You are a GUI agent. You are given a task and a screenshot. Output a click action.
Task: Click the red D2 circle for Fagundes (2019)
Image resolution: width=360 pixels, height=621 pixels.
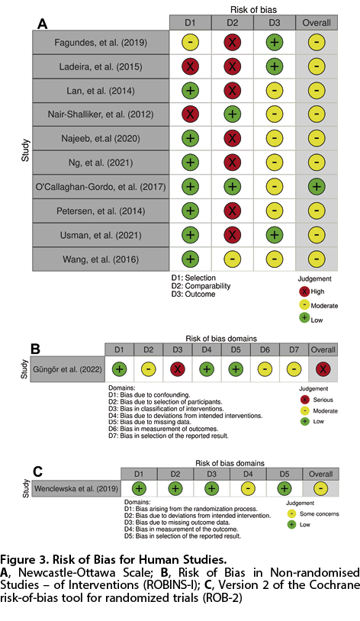click(232, 43)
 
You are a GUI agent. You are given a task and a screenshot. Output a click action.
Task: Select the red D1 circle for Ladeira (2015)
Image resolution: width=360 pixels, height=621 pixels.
click(190, 66)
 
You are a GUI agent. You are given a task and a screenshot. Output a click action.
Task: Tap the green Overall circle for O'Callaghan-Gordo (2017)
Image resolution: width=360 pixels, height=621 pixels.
click(317, 187)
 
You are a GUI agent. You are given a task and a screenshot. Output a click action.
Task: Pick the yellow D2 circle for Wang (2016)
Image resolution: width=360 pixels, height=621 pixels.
click(232, 259)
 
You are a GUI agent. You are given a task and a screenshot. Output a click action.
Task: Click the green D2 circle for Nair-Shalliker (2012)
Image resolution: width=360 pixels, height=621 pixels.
click(232, 114)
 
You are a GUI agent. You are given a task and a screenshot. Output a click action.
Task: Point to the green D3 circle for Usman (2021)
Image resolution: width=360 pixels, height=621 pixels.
click(274, 235)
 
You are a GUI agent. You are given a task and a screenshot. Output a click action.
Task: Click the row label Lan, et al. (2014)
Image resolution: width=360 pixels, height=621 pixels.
click(101, 91)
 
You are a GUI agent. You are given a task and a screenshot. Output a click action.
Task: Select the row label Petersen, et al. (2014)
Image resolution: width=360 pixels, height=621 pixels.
click(101, 211)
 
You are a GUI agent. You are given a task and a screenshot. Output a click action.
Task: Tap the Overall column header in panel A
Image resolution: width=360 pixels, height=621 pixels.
click(317, 23)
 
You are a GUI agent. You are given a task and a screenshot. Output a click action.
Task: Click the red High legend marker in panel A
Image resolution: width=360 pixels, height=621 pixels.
click(304, 291)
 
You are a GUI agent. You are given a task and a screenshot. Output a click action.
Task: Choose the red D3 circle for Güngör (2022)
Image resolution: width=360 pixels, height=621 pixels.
click(178, 369)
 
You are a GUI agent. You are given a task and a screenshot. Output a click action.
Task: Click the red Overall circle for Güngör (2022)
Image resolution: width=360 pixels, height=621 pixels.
click(323, 369)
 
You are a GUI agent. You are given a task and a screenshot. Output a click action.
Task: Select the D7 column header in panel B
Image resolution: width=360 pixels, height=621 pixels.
click(294, 349)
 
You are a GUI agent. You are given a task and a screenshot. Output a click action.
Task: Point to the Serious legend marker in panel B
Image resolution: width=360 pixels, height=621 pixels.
click(304, 400)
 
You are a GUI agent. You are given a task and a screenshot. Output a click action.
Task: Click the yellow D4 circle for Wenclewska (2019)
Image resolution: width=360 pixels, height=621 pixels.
click(248, 488)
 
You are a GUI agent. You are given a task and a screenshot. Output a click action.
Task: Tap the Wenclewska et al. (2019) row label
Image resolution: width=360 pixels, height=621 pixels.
click(76, 488)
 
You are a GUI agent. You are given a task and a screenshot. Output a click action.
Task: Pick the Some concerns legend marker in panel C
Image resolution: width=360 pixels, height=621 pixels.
click(292, 513)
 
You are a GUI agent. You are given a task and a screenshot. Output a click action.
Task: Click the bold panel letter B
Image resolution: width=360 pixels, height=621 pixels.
click(36, 349)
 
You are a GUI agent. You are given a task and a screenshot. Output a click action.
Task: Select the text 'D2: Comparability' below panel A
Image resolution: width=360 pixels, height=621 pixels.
click(201, 286)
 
